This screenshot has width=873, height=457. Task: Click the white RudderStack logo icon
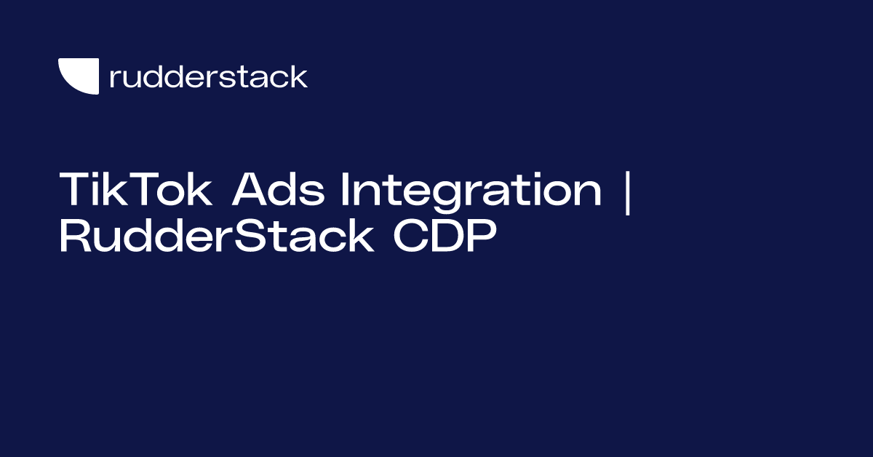(x=79, y=76)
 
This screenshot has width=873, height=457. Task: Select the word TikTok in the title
(x=136, y=191)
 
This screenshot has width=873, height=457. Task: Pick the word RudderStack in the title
(x=217, y=237)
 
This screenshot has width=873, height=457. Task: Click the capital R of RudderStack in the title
(x=74, y=237)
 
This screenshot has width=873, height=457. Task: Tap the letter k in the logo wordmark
(x=298, y=76)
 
